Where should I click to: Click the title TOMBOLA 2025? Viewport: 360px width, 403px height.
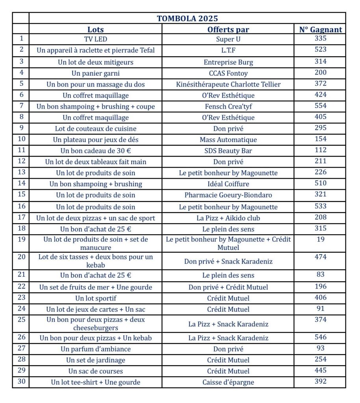pyautogui.click(x=187, y=18)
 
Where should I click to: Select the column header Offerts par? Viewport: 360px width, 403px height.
pyautogui.click(x=228, y=30)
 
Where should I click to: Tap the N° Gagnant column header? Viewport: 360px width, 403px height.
pyautogui.click(x=320, y=30)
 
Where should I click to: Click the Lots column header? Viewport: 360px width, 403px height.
pyautogui.click(x=95, y=30)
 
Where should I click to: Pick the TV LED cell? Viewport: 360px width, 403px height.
pyautogui.click(x=95, y=39)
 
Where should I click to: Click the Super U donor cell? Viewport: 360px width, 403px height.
pyautogui.click(x=228, y=39)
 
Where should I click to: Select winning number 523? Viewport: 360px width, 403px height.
pyautogui.click(x=320, y=50)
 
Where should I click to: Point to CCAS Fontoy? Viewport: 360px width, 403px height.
pyautogui.click(x=228, y=73)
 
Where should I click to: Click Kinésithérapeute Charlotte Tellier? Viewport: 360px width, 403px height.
pyautogui.click(x=228, y=84)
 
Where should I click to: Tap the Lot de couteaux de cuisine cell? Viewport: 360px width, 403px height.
pyautogui.click(x=95, y=129)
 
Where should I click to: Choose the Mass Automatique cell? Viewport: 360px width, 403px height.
pyautogui.click(x=228, y=140)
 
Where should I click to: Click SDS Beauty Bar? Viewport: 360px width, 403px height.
pyautogui.click(x=228, y=151)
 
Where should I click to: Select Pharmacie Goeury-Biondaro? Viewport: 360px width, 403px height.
pyautogui.click(x=228, y=195)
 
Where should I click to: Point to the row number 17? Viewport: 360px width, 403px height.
pyautogui.click(x=21, y=217)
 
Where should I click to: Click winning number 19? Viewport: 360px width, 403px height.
pyautogui.click(x=320, y=239)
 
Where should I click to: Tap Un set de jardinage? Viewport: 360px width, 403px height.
pyautogui.click(x=95, y=360)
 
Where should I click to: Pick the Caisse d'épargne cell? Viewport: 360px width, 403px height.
pyautogui.click(x=228, y=382)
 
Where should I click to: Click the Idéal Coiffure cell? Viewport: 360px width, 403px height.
pyautogui.click(x=228, y=184)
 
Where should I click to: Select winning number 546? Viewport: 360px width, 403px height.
pyautogui.click(x=320, y=337)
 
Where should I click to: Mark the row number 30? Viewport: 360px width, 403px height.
pyautogui.click(x=21, y=381)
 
